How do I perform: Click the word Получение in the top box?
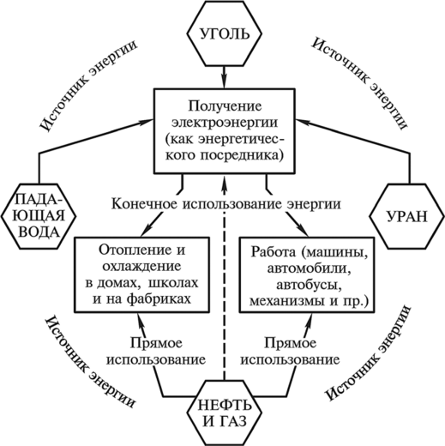pyautogui.click(x=225, y=106)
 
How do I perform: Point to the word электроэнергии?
pyautogui.click(x=225, y=123)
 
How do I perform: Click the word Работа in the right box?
pyautogui.click(x=274, y=252)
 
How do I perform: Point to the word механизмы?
pyautogui.click(x=286, y=301)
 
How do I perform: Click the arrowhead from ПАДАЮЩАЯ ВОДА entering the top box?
pyautogui.click(x=147, y=121)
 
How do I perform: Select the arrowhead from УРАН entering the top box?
pyautogui.click(x=303, y=121)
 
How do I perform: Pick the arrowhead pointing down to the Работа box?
pyautogui.click(x=303, y=231)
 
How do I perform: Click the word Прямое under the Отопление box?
pyautogui.click(x=156, y=343)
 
